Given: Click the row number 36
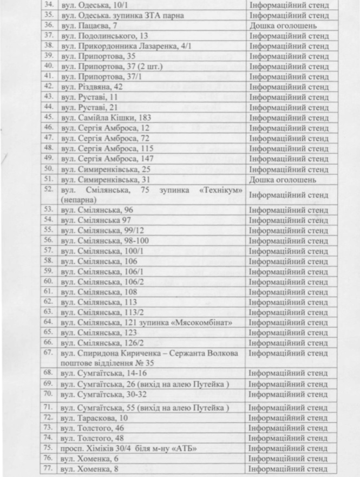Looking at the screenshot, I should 49,26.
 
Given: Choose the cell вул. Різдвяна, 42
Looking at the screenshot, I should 92,87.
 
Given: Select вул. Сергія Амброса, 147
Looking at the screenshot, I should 107,159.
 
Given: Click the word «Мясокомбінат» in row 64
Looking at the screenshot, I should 205,323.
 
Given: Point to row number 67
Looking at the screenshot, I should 49,353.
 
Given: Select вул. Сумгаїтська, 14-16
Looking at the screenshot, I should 103,374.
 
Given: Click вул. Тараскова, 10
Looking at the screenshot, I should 94,418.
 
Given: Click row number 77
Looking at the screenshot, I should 49,469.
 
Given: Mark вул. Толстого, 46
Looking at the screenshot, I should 91,428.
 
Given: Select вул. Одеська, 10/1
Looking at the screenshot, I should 93,5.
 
